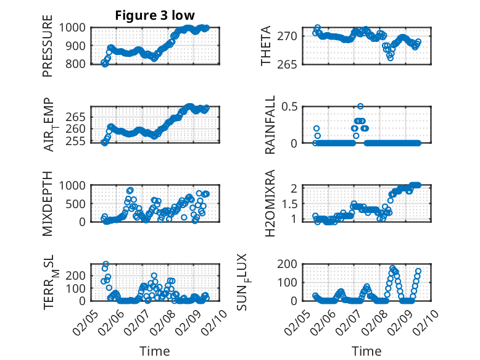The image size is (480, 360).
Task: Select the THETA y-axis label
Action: coord(266,46)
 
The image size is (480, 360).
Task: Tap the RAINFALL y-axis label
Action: coord(270,125)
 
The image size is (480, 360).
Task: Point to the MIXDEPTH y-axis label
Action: coord(48,203)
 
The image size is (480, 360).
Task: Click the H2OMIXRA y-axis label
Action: coord(270,203)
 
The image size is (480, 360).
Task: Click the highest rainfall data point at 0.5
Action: coord(360,106)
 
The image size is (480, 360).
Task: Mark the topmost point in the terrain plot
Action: coord(106,264)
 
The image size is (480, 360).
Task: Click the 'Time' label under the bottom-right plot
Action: coord(366,351)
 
